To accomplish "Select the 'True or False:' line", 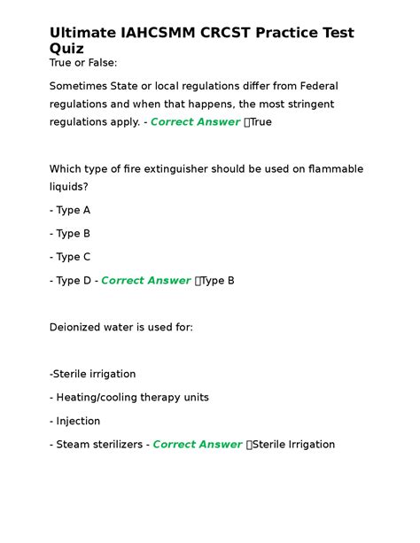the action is [x=83, y=64].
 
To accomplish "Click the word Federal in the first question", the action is [x=315, y=86].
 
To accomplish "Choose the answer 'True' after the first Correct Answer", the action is [x=261, y=122].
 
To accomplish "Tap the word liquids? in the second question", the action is [x=68, y=187].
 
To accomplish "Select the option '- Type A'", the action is [x=70, y=211].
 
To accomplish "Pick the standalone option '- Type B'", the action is [x=70, y=234].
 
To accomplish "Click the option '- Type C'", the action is [x=70, y=257].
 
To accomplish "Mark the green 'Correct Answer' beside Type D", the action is [x=146, y=281].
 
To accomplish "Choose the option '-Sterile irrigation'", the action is [x=93, y=374].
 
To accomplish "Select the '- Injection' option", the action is [x=75, y=421].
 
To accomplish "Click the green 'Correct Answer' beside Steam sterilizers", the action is [x=198, y=445].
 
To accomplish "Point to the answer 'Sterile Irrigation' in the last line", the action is [x=294, y=445].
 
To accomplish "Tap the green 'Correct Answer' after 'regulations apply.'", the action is [x=195, y=122].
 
